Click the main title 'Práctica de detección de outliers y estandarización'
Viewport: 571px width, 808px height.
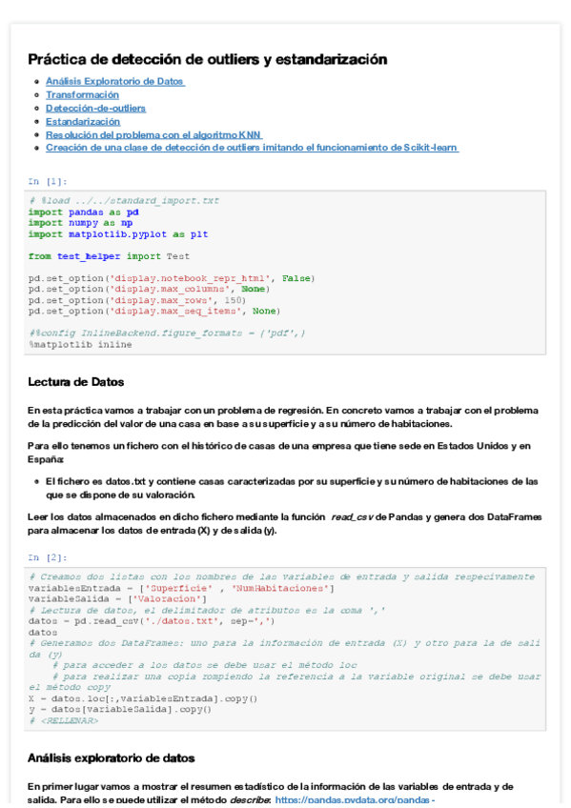coord(207,59)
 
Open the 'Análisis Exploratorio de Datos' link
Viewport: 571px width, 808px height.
coord(114,82)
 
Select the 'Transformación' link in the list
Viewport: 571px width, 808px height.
coord(82,95)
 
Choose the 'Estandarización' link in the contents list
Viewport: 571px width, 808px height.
coord(83,122)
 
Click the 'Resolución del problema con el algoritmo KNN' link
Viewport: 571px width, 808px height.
coord(153,135)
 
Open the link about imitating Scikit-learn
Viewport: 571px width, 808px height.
coord(252,148)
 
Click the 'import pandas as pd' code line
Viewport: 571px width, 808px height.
coord(83,212)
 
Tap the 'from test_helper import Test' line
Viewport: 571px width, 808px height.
coord(109,255)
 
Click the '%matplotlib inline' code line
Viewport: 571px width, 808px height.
coord(80,344)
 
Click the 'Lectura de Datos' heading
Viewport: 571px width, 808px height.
coord(76,382)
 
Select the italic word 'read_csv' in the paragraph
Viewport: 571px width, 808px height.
coord(352,516)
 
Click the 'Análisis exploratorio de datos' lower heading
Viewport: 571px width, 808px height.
coord(112,758)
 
